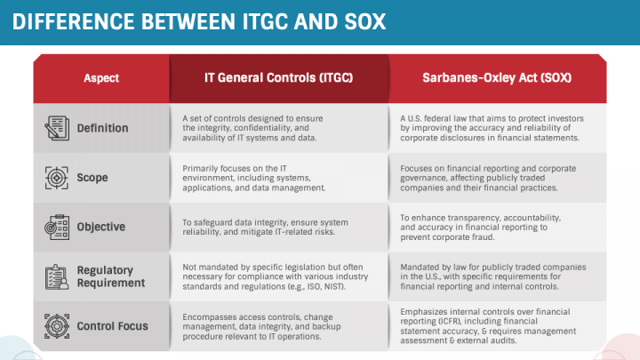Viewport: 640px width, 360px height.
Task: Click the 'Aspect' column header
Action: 101,78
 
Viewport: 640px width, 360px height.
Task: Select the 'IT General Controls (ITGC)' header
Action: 278,78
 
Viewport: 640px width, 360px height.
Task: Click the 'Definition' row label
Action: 102,128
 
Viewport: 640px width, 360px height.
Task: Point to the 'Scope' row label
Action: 92,178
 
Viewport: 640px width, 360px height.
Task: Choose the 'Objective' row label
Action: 100,227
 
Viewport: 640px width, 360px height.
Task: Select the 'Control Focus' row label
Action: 111,326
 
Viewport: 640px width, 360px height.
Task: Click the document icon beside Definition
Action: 57,128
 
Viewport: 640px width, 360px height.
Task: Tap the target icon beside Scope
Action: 57,178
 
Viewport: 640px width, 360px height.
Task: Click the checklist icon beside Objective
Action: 57,227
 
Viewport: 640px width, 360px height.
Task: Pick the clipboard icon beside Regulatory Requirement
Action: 57,276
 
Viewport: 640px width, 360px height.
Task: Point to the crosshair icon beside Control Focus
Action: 57,326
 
